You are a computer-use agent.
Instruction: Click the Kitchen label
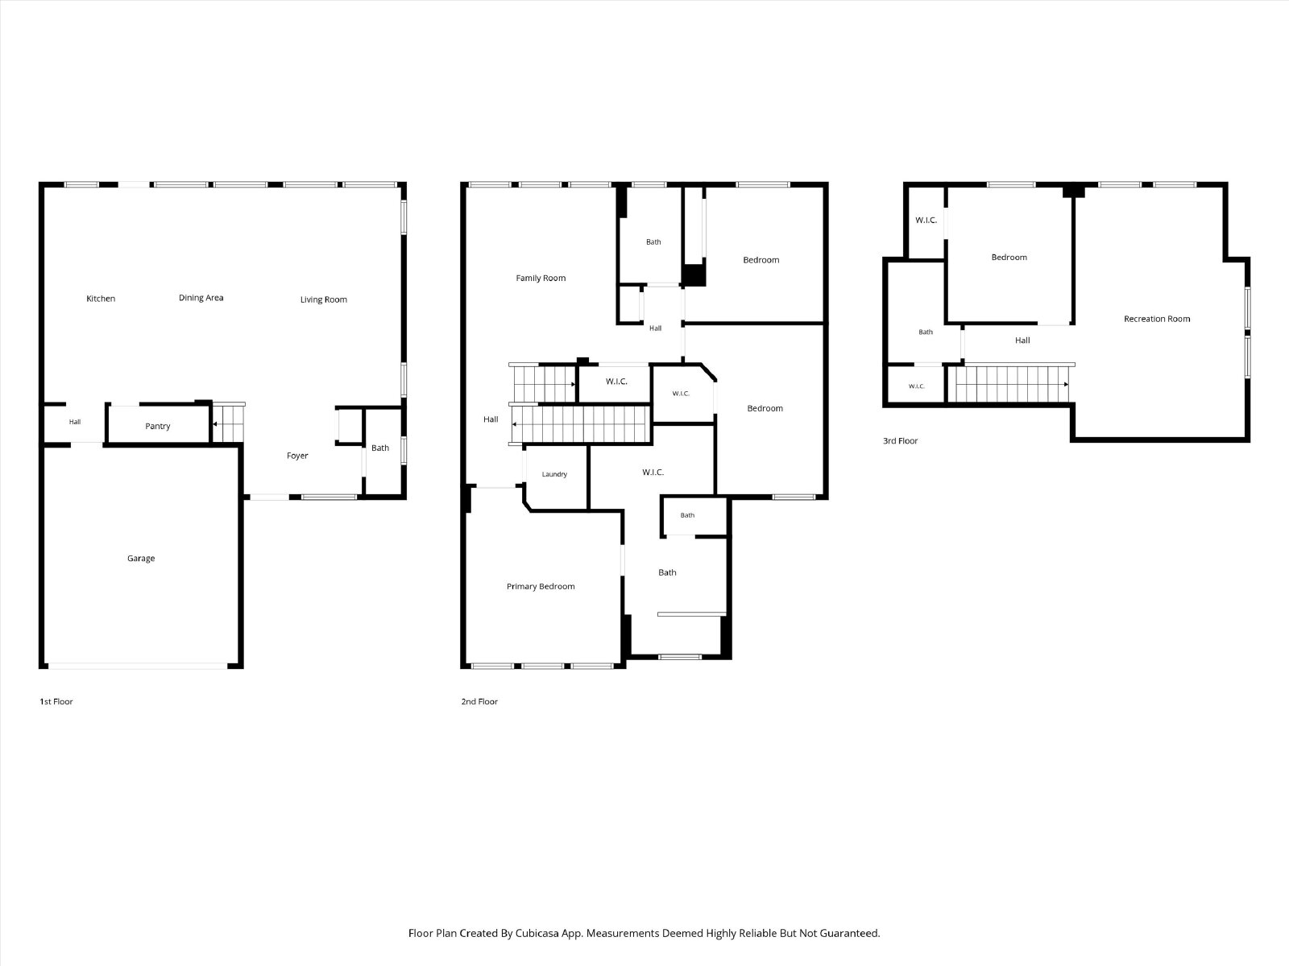pos(101,299)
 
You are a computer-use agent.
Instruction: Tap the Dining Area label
pos(201,298)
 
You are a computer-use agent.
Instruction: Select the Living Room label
pos(324,299)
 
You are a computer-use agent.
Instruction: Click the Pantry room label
pos(157,427)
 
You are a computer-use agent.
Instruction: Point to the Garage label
pos(141,559)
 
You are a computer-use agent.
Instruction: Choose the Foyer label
pos(297,456)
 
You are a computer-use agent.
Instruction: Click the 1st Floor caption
pos(56,701)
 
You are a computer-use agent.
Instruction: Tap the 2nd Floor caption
pos(479,701)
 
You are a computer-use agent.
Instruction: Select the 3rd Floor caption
pos(900,441)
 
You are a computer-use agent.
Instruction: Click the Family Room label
pos(541,278)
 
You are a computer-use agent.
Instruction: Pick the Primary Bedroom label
pos(541,587)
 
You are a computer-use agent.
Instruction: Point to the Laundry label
pos(554,474)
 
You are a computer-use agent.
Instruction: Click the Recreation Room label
pos(1157,319)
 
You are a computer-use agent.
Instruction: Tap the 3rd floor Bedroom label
pos(1009,258)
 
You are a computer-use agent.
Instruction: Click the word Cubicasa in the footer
pos(537,933)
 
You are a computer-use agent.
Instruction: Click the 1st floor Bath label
pos(380,448)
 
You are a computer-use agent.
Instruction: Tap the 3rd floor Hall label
pos(1022,341)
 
